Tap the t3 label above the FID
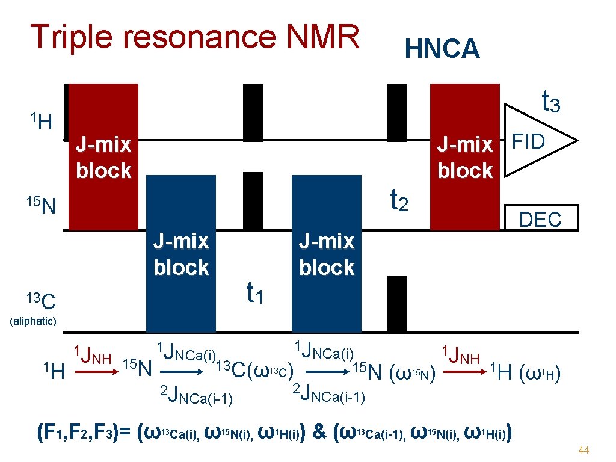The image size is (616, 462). (551, 102)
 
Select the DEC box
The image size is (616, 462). (540, 219)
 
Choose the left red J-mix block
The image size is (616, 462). (103, 157)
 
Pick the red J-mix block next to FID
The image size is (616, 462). (464, 157)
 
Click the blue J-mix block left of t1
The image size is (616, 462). (180, 253)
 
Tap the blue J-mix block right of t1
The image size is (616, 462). (326, 253)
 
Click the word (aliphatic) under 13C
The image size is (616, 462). (34, 321)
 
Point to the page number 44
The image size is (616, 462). (582, 450)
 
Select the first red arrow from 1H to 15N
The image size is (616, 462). (93, 373)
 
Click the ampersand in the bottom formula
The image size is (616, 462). (321, 432)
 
